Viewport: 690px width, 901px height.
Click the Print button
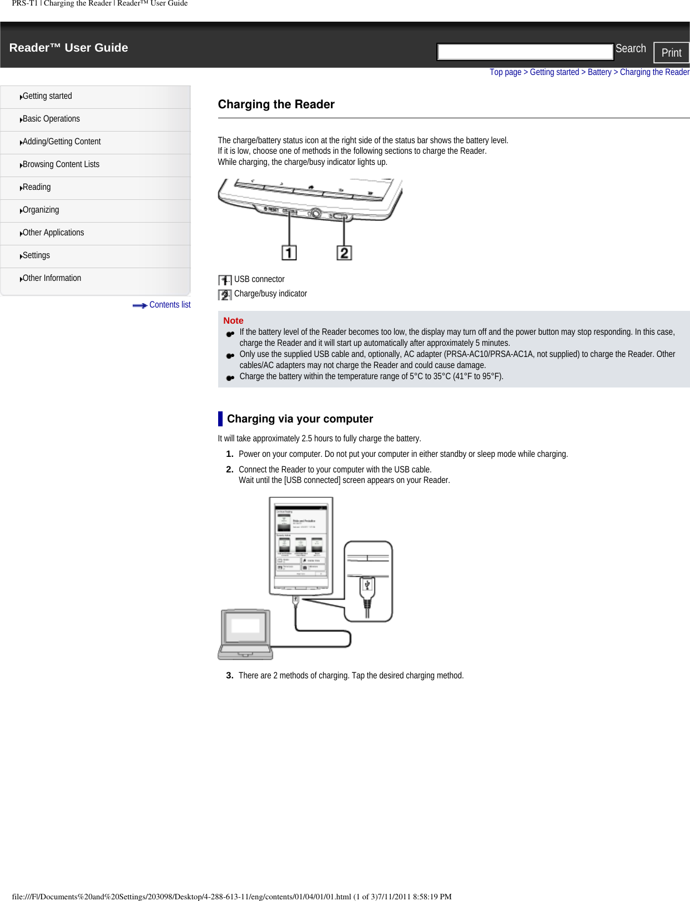[671, 53]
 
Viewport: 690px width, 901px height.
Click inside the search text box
[525, 52]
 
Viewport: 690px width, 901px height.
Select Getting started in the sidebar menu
[47, 96]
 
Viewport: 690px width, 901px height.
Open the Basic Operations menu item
[51, 119]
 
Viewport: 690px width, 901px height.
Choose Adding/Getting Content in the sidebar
[62, 142]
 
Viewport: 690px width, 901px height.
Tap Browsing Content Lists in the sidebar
[61, 164]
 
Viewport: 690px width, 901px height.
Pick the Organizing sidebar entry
[41, 210]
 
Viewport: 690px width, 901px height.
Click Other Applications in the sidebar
[53, 233]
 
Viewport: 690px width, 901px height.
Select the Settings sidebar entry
[36, 255]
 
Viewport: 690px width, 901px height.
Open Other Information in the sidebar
[52, 278]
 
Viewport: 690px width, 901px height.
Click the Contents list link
[169, 305]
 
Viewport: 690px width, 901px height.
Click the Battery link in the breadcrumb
[599, 72]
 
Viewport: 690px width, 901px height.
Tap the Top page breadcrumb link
[505, 72]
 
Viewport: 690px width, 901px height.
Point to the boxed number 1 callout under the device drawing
[289, 253]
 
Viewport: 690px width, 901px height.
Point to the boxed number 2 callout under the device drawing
[344, 253]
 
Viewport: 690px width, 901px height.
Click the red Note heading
[233, 320]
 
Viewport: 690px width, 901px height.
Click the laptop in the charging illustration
[245, 634]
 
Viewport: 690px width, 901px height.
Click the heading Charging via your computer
[300, 419]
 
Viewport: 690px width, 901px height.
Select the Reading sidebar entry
[37, 187]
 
